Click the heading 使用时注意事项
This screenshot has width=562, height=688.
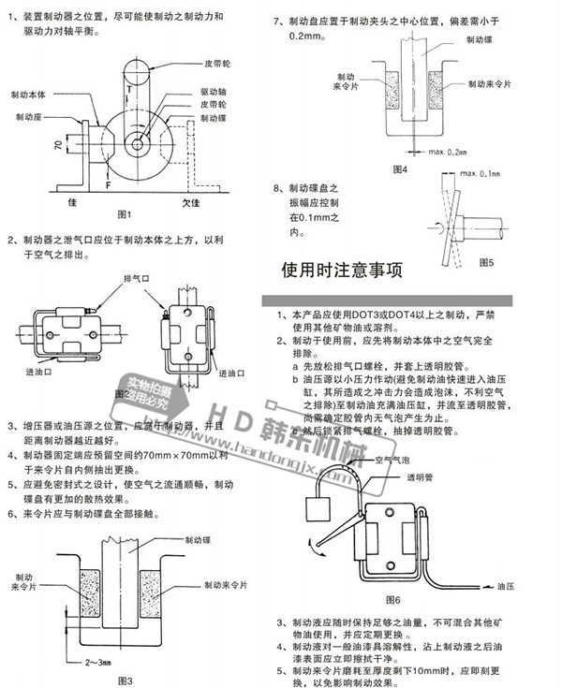click(342, 271)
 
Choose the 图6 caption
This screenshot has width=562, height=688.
click(392, 599)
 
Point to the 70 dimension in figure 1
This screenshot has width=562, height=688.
click(57, 146)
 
